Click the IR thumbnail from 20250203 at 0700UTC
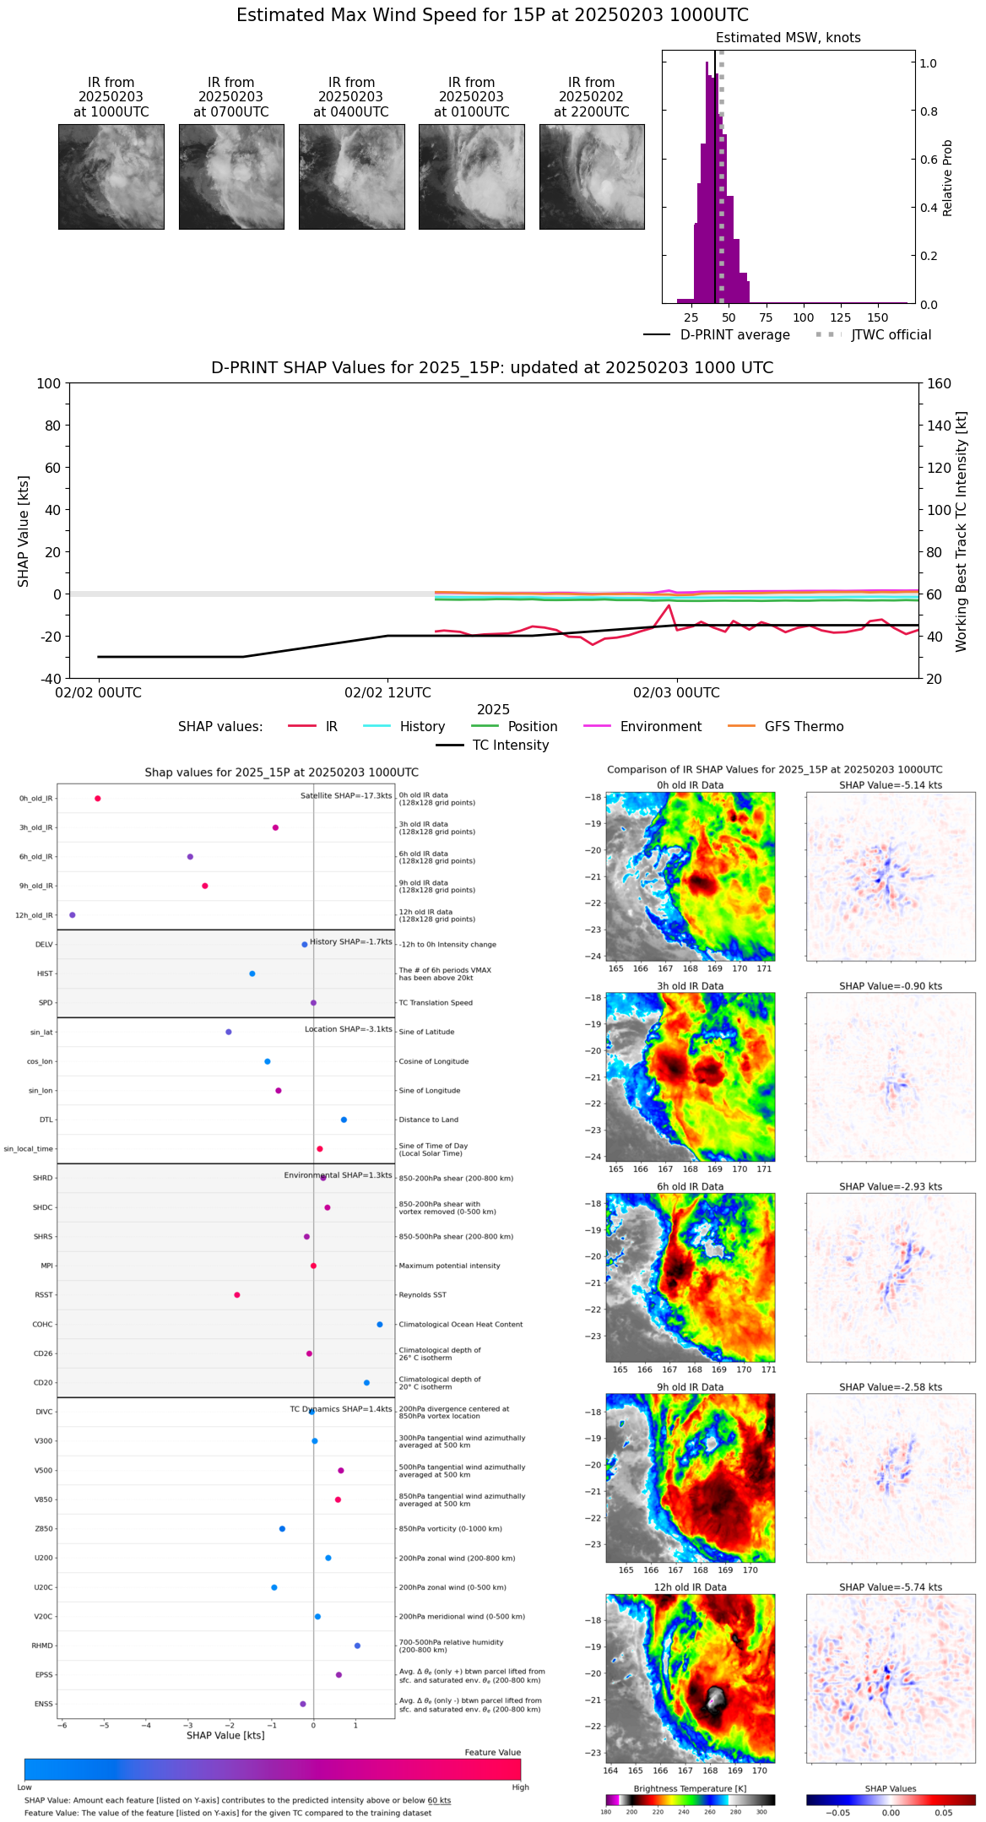click(x=231, y=176)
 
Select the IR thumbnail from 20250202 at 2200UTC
click(x=592, y=176)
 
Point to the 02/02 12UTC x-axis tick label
click(x=387, y=693)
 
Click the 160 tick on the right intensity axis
click(x=940, y=383)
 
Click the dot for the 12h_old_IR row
click(x=73, y=915)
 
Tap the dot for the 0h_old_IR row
click(x=98, y=799)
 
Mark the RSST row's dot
click(x=237, y=1295)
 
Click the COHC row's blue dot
click(x=380, y=1325)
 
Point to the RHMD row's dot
click(x=357, y=1646)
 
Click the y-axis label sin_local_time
click(x=29, y=1149)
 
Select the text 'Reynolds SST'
click(x=422, y=1295)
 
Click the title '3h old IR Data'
click(x=690, y=986)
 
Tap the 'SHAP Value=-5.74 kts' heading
click(x=891, y=1587)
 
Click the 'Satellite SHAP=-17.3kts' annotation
click(x=346, y=796)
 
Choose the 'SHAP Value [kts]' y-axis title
click(x=24, y=531)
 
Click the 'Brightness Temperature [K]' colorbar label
click(x=690, y=1789)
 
